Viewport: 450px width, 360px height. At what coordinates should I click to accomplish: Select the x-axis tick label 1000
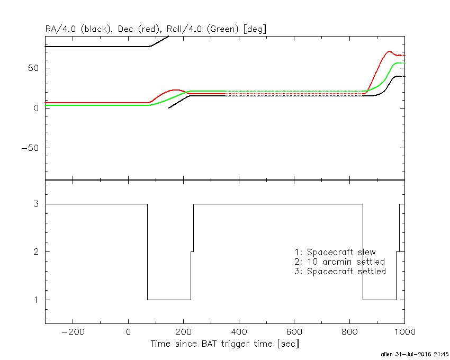pyautogui.click(x=405, y=331)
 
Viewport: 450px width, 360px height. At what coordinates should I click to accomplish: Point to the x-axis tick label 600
pyautogui.click(x=294, y=331)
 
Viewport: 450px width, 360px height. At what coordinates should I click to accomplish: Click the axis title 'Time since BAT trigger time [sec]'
pyautogui.click(x=224, y=344)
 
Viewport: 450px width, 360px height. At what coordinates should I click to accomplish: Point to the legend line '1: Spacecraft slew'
pyautogui.click(x=335, y=252)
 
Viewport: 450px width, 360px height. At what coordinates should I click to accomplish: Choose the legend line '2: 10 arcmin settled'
pyautogui.click(x=339, y=262)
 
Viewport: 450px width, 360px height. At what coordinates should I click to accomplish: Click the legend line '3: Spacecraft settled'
pyautogui.click(x=340, y=272)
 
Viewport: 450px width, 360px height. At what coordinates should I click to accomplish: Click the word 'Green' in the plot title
pyautogui.click(x=217, y=29)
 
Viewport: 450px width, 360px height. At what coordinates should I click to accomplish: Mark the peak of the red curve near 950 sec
pyautogui.click(x=389, y=51)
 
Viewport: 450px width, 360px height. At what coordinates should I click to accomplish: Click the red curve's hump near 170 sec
pyautogui.click(x=176, y=90)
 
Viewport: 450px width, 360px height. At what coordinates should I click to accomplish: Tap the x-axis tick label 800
pyautogui.click(x=350, y=331)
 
